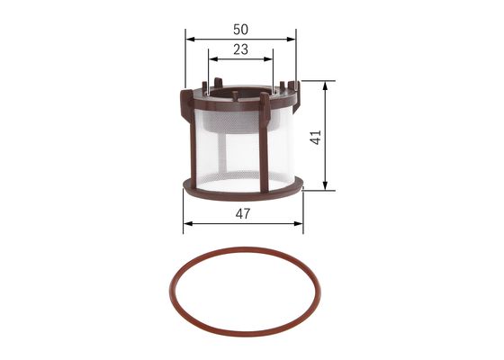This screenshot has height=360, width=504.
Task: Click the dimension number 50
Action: [x=239, y=29]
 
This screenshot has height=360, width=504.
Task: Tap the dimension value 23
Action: [x=239, y=50]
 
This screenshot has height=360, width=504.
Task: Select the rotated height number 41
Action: [x=315, y=136]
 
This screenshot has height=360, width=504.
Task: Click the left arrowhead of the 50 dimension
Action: [x=188, y=40]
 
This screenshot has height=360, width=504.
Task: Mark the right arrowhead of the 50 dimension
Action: [x=292, y=40]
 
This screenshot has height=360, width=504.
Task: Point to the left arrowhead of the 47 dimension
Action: [x=186, y=222]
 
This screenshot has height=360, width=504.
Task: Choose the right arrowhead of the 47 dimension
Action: [x=301, y=222]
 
